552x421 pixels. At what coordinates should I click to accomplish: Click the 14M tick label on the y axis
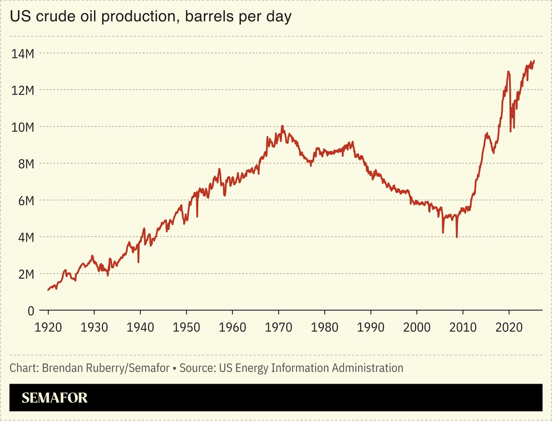[x=23, y=53]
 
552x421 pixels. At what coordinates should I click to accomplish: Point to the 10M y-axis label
[x=23, y=127]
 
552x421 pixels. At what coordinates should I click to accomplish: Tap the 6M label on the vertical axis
[x=24, y=200]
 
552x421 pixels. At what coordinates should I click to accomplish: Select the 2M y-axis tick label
[x=24, y=274]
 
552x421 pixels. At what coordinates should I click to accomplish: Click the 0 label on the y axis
[x=30, y=310]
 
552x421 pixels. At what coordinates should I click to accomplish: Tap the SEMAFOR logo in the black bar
[x=55, y=398]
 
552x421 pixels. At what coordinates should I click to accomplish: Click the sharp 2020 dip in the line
[x=510, y=131]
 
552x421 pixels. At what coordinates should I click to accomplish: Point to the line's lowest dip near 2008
[x=457, y=237]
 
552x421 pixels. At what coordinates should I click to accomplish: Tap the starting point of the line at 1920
[x=48, y=290]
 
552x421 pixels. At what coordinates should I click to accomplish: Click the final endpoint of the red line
[x=534, y=61]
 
